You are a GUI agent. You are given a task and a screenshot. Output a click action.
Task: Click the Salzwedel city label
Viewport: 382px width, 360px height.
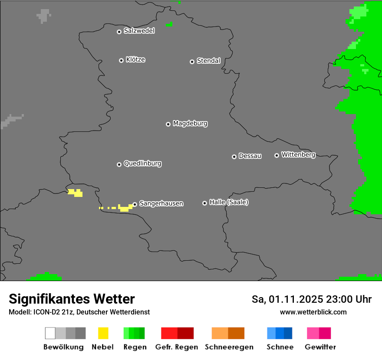(x=139, y=31)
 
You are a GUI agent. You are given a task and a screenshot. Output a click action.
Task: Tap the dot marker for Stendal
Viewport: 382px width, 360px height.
(x=192, y=62)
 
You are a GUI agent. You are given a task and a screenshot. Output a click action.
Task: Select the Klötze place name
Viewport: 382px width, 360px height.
(x=135, y=59)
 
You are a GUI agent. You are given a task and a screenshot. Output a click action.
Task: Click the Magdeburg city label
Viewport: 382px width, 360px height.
(x=190, y=124)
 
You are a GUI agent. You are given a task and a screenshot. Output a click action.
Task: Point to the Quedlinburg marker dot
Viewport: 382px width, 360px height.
(x=119, y=164)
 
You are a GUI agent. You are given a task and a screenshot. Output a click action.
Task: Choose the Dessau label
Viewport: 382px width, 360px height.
(x=250, y=156)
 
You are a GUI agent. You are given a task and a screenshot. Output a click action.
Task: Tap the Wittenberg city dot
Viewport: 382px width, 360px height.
(x=277, y=155)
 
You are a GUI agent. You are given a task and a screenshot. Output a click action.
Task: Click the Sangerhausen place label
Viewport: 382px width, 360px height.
(x=161, y=203)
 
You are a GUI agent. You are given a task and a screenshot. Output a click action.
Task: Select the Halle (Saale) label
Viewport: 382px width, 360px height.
(x=229, y=203)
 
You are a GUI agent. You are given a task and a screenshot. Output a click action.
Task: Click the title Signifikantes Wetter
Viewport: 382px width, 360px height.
(x=72, y=299)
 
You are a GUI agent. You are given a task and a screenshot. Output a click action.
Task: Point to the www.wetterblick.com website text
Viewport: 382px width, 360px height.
(x=313, y=312)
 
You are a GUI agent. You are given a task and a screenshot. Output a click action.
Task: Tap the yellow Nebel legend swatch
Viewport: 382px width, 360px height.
(x=103, y=333)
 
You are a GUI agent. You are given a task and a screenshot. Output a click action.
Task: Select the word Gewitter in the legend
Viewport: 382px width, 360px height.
(x=320, y=347)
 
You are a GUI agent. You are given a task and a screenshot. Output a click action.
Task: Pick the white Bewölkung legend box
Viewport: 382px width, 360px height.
(x=50, y=333)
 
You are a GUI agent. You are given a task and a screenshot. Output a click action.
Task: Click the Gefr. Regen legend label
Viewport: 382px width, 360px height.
(x=177, y=347)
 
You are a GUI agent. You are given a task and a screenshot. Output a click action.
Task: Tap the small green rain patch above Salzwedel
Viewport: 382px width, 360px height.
(x=169, y=24)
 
